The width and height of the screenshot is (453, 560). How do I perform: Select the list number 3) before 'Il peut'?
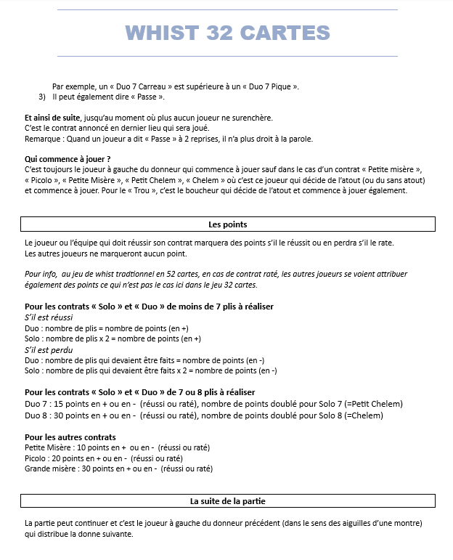tap(42, 97)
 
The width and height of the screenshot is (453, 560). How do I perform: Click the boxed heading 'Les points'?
tap(227, 224)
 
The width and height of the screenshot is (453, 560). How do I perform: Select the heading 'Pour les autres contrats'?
tap(70, 437)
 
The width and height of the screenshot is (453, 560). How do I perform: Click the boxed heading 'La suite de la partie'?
tap(227, 501)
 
